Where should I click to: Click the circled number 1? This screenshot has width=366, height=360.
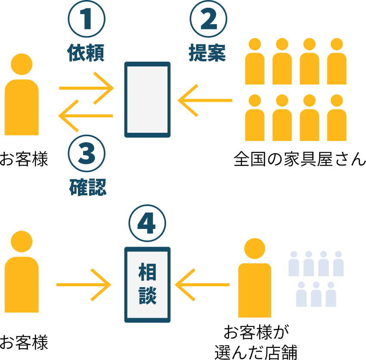[87, 20]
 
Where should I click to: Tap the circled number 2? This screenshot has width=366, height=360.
[208, 20]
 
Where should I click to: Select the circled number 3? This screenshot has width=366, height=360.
[87, 155]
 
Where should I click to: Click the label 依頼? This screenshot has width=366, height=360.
[86, 53]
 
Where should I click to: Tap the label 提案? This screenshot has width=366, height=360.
[208, 53]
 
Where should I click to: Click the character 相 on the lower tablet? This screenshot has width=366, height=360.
[147, 272]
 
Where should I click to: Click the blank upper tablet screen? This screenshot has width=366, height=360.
[147, 100]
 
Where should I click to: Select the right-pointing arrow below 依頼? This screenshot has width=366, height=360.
[86, 88]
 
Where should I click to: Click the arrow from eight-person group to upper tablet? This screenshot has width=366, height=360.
[205, 100]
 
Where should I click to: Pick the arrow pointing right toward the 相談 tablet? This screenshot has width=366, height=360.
[84, 285]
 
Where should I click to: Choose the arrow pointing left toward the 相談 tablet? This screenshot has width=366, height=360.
[202, 285]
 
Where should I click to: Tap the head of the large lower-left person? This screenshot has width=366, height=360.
[22, 241]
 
